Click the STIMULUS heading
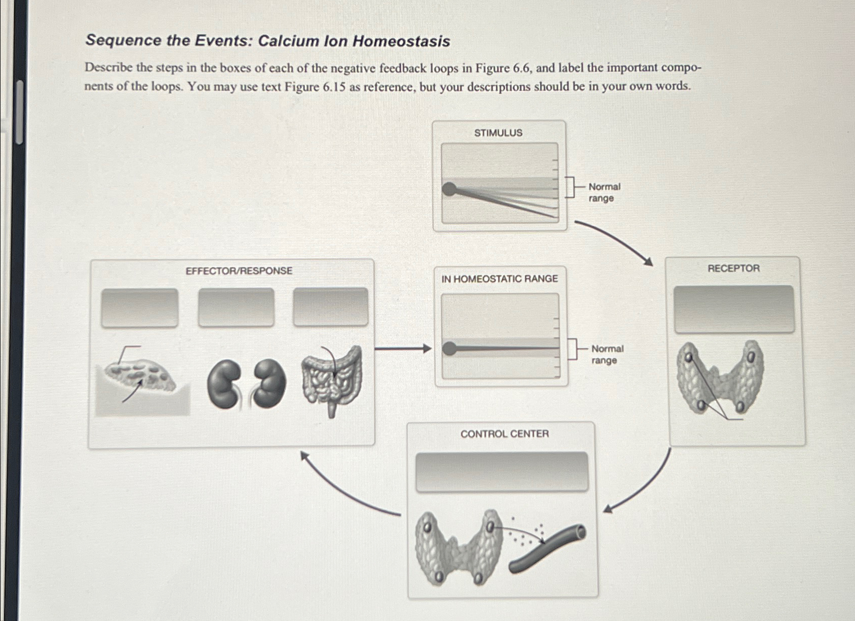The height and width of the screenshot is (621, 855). click(498, 133)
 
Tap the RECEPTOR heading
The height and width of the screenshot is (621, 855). click(733, 268)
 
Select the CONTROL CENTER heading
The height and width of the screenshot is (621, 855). click(504, 434)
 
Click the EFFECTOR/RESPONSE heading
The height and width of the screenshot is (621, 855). click(239, 271)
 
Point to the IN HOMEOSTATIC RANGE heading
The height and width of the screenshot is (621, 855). click(499, 279)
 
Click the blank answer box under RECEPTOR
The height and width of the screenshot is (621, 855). click(734, 309)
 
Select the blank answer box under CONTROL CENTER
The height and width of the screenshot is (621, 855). click(502, 472)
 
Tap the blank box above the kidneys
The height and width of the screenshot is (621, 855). click(236, 307)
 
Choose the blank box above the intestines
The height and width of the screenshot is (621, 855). click(331, 307)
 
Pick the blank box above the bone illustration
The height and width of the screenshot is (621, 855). click(139, 308)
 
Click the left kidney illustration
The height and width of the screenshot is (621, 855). click(223, 384)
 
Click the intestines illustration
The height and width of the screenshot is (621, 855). click(332, 377)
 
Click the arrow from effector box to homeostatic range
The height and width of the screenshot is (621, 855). click(403, 348)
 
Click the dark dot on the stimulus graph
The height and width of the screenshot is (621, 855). click(449, 190)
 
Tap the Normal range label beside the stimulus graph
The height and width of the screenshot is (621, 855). click(604, 192)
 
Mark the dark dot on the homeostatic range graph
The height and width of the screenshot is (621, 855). click(449, 348)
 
